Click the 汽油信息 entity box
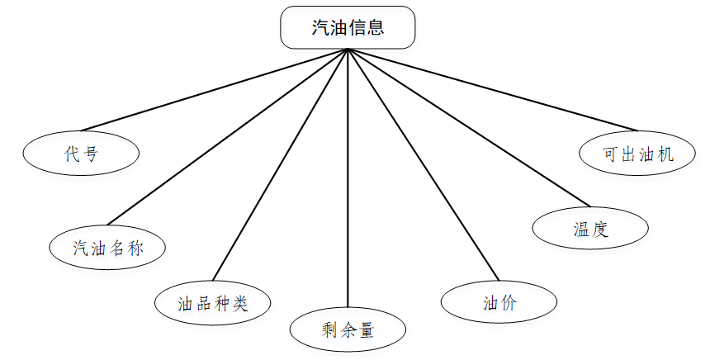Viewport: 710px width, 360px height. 348,28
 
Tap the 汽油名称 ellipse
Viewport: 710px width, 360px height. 107,247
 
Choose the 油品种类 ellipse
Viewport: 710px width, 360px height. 212,303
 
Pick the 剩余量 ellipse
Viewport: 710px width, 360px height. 348,330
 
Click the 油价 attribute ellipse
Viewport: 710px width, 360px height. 499,302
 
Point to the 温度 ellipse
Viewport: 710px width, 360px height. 589,229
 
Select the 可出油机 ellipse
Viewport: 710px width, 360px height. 637,154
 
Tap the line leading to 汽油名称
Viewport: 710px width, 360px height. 228,137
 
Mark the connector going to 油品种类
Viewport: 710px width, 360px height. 281,164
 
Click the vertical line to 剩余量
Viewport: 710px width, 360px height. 348,182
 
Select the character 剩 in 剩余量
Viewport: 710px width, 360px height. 328,330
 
